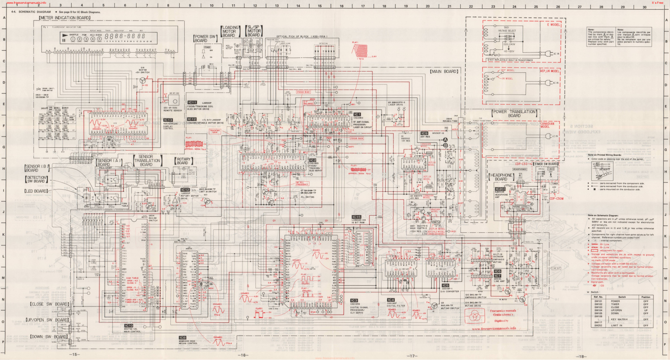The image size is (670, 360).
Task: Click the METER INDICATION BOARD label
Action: point(65,18)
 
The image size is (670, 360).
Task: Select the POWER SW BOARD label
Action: point(205,39)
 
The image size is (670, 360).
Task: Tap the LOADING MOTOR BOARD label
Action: point(229,31)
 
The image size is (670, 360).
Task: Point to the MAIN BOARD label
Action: point(444,72)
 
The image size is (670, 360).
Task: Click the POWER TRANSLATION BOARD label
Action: point(515,113)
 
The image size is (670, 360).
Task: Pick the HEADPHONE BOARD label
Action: point(501,177)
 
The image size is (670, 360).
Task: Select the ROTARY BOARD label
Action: point(183,161)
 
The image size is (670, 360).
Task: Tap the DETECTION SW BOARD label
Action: point(37,180)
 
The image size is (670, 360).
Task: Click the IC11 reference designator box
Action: point(192,103)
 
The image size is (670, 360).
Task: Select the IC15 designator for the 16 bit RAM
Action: point(356,217)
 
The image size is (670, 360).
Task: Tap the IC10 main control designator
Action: point(129,326)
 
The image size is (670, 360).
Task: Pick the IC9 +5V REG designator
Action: point(425,134)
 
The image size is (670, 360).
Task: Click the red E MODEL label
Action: point(553,25)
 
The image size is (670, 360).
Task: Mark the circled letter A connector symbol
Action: point(446,140)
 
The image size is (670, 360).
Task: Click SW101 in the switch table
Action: point(598,301)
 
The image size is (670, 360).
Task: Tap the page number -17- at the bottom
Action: point(412,356)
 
